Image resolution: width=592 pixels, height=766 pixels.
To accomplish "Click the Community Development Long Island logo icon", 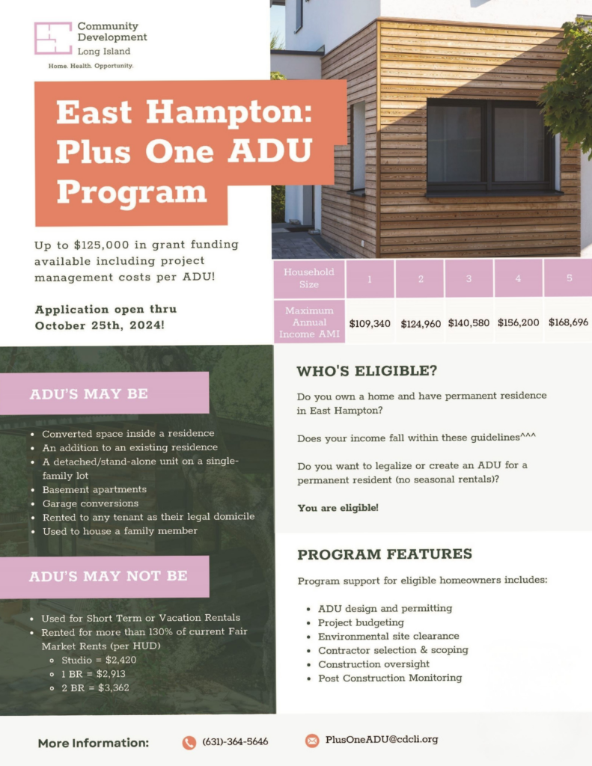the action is (53, 38).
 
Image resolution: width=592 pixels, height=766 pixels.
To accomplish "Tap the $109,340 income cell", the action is (370, 323).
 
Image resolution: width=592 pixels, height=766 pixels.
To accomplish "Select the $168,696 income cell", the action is (568, 322).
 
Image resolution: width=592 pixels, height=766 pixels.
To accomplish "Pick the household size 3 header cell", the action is (469, 278).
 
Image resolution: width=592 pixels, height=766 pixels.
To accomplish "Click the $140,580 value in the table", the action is (469, 323).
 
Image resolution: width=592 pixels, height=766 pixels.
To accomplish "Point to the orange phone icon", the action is (189, 742).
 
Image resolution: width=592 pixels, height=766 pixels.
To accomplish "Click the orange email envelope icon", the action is (312, 740).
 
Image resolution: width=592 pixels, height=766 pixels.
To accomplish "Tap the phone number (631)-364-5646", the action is (235, 742).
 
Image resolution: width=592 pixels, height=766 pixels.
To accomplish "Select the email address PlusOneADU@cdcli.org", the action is (382, 740).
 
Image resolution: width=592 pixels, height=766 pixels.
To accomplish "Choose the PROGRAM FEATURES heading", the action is (385, 554).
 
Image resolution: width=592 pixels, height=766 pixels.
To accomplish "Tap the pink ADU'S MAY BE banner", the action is (104, 393).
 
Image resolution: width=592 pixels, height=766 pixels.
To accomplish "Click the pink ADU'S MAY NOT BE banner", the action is (104, 576).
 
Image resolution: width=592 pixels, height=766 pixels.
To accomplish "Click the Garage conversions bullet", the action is (91, 503).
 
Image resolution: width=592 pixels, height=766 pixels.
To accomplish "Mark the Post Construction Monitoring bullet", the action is (390, 678).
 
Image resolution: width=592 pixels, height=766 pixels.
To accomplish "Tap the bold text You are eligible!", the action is (338, 508).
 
